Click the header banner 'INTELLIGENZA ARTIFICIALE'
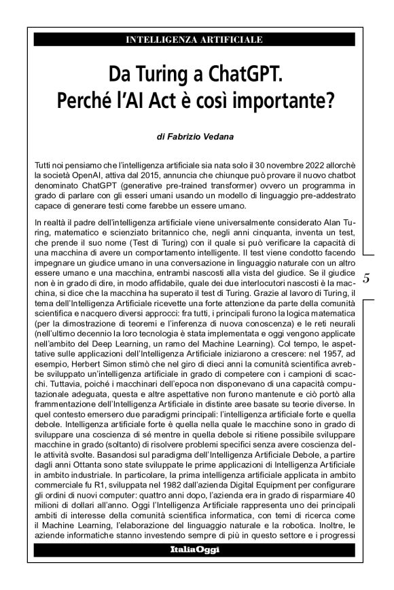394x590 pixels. tap(194, 40)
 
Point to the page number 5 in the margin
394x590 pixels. tap(366, 277)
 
